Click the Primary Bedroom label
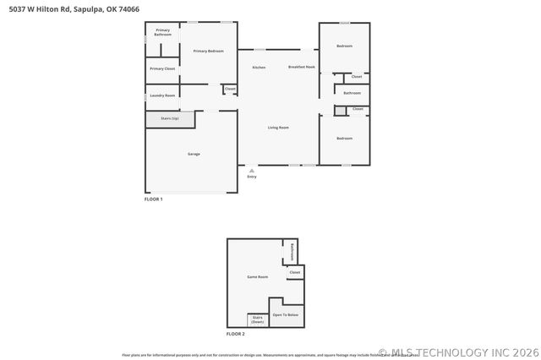(208, 52)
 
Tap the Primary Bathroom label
(162, 32)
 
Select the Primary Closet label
(162, 68)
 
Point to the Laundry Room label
(162, 95)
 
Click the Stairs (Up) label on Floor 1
(169, 118)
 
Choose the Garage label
(194, 154)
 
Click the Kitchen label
(259, 67)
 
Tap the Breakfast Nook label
(301, 67)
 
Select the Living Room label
(278, 128)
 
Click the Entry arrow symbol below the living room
(251, 170)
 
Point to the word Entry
(251, 177)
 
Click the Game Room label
(257, 276)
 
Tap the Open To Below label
(285, 314)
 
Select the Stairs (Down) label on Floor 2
(258, 320)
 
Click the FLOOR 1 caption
(153, 199)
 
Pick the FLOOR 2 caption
(235, 334)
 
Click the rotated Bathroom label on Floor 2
(293, 251)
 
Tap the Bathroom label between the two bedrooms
(352, 93)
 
